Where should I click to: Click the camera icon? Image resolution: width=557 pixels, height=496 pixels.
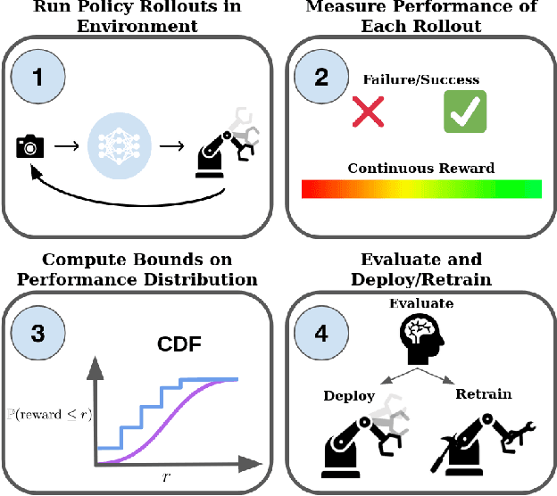point(30,145)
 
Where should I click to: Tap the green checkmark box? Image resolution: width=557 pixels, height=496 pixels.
point(464,112)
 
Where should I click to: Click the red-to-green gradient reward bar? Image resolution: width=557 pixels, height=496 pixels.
point(421,188)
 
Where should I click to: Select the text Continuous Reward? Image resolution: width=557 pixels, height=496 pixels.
point(421,168)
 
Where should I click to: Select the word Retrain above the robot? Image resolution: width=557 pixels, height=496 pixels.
point(483,393)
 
